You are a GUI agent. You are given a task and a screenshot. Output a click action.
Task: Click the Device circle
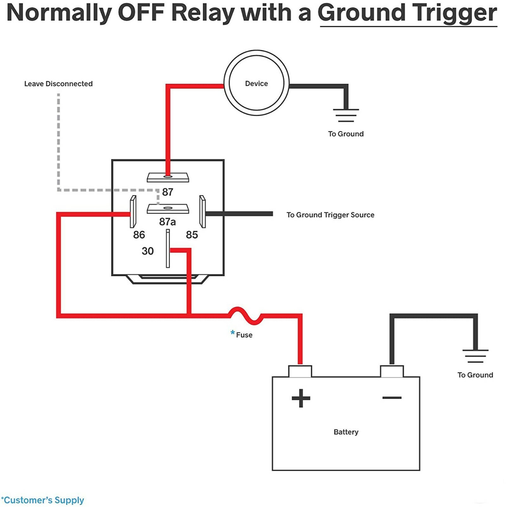click(x=256, y=83)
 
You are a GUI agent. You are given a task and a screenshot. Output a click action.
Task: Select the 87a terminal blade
click(x=168, y=209)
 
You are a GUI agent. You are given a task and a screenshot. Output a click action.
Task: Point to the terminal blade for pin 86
click(x=133, y=212)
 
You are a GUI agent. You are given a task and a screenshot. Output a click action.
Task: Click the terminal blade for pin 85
click(x=202, y=212)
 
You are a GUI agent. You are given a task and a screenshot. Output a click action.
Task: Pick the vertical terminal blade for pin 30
click(x=168, y=248)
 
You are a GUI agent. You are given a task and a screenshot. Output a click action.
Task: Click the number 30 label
click(x=148, y=251)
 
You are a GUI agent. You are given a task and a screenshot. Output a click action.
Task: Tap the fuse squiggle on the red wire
click(x=246, y=316)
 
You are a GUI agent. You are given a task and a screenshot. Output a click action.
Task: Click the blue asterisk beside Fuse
click(x=233, y=333)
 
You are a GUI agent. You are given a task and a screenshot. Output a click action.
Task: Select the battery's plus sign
click(x=301, y=398)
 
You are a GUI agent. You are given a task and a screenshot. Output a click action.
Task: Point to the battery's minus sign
click(x=392, y=398)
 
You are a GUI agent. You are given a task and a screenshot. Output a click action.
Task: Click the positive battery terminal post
click(x=300, y=371)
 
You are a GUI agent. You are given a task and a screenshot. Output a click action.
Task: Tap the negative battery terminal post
click(x=392, y=371)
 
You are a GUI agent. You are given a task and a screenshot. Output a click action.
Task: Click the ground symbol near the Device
click(x=346, y=115)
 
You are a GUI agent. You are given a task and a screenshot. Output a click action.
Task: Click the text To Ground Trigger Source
click(x=330, y=215)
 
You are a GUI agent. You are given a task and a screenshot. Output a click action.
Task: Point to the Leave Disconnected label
click(x=58, y=84)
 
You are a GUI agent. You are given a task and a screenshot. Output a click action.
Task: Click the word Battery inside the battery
click(x=346, y=432)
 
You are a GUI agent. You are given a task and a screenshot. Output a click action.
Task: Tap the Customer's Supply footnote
click(x=43, y=500)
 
